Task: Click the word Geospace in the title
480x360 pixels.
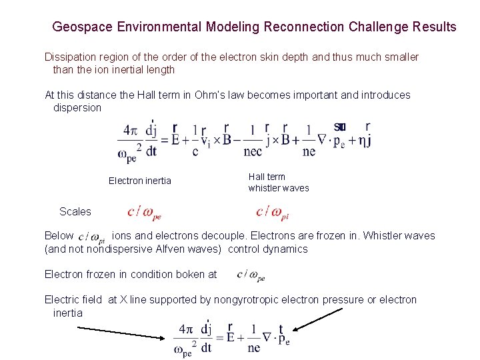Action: coord(82,27)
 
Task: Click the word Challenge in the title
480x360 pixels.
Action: coord(377,27)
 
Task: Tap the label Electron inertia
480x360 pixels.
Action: coord(139,181)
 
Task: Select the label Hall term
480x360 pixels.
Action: coord(267,177)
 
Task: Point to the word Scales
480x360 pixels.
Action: coord(75,211)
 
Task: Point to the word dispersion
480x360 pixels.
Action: coord(77,107)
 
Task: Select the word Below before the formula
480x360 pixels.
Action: coord(59,235)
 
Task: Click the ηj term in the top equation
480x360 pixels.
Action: coord(363,140)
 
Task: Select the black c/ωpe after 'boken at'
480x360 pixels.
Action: coord(251,274)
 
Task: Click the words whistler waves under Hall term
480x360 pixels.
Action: coord(279,188)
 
